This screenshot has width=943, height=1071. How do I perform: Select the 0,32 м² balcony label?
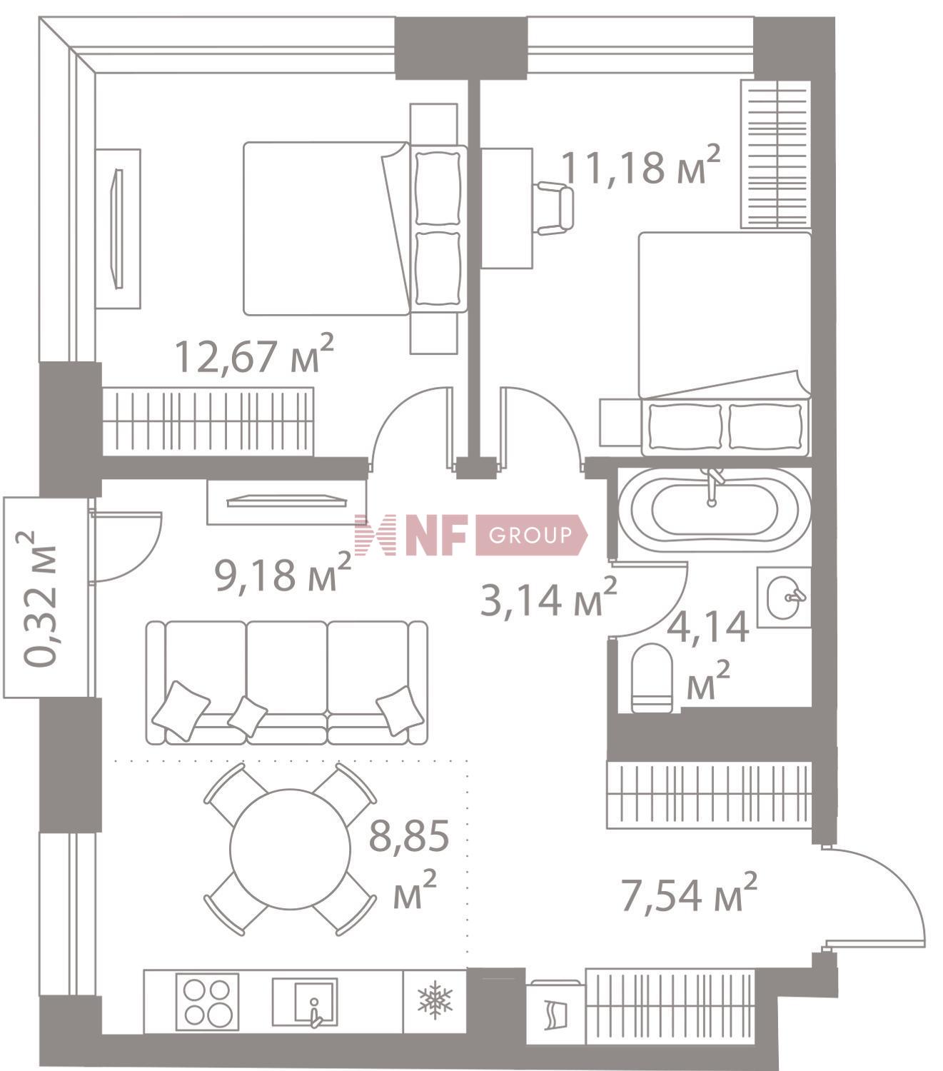[x=40, y=598]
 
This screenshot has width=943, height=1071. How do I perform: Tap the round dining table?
[x=290, y=849]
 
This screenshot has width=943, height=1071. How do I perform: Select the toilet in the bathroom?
[x=652, y=678]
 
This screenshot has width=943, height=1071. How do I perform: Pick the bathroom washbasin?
[x=784, y=597]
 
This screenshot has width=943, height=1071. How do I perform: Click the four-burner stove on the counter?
[x=207, y=1002]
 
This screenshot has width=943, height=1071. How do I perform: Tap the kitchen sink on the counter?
[x=305, y=1002]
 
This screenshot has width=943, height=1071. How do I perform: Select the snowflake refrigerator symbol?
[x=435, y=999]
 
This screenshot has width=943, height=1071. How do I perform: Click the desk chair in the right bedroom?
[x=553, y=208]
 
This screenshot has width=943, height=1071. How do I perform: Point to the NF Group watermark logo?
[x=471, y=535]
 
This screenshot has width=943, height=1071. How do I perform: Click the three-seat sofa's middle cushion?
[x=287, y=668]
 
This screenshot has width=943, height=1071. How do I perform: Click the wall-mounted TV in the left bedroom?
[x=118, y=228]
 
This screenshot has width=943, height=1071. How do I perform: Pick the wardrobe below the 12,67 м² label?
[x=208, y=421]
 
